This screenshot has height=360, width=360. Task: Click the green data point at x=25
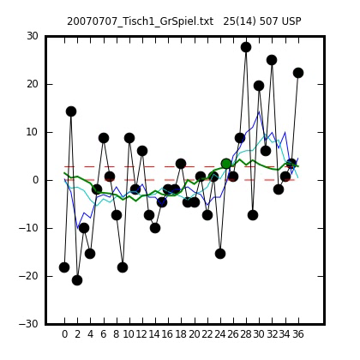pyautogui.click(x=226, y=164)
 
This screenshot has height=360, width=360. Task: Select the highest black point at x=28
pyautogui.click(x=246, y=47)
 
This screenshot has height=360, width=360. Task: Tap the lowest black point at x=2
pyautogui.click(x=77, y=280)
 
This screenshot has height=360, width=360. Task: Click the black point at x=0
pyautogui.click(x=64, y=267)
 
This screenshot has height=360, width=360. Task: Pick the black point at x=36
pyautogui.click(x=298, y=73)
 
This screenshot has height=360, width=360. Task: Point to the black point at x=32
pyautogui.click(x=272, y=60)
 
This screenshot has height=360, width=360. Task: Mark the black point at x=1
pyautogui.click(x=71, y=111)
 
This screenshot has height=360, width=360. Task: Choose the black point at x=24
pyautogui.click(x=220, y=254)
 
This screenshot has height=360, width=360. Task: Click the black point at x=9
pyautogui.click(x=123, y=267)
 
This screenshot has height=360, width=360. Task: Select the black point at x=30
pyautogui.click(x=259, y=86)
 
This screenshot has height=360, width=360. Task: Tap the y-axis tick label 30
pyautogui.click(x=33, y=36)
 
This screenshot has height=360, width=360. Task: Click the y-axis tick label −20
pyautogui.click(x=28, y=276)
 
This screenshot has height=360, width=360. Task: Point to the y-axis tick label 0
pyautogui.click(x=35, y=180)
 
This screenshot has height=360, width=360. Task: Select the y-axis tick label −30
pyautogui.click(x=28, y=324)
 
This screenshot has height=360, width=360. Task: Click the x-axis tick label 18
pyautogui.click(x=181, y=333)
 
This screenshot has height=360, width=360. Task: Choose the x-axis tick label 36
pyautogui.click(x=297, y=333)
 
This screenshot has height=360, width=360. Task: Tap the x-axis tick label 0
pyautogui.click(x=64, y=333)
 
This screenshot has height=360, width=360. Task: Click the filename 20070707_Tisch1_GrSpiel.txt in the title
pyautogui.click(x=140, y=21)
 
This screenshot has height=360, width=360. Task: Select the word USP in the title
pyautogui.click(x=291, y=21)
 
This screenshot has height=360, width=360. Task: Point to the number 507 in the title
pyautogui.click(x=269, y=21)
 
